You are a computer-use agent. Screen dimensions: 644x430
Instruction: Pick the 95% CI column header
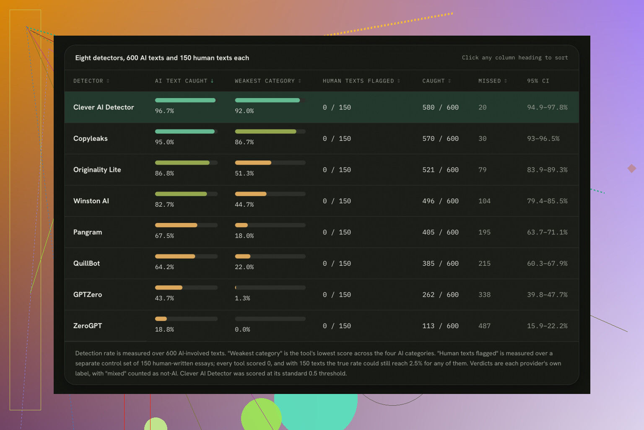pyautogui.click(x=538, y=81)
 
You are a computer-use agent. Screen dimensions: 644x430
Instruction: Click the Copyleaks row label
pyautogui.click(x=90, y=139)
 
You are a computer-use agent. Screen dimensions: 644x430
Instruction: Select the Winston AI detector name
pyautogui.click(x=91, y=201)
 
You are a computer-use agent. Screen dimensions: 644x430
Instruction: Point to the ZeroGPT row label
pyautogui.click(x=87, y=326)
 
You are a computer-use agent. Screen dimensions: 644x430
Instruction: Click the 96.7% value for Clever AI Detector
pyautogui.click(x=164, y=111)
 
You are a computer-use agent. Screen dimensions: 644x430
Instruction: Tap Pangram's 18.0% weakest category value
pyautogui.click(x=244, y=236)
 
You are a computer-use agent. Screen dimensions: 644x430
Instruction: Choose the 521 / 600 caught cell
pyautogui.click(x=440, y=170)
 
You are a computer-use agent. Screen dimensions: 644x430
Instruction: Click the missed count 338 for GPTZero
pyautogui.click(x=484, y=295)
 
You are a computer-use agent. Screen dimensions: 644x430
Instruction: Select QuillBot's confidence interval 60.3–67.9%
pyautogui.click(x=547, y=264)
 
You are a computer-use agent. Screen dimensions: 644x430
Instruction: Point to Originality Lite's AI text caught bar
pyautogui.click(x=182, y=163)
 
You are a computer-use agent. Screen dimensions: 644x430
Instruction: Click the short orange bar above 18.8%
pyautogui.click(x=161, y=319)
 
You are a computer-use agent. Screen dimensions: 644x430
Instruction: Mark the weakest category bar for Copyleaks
pyautogui.click(x=265, y=131)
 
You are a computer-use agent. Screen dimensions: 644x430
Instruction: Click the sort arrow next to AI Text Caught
pyautogui.click(x=212, y=81)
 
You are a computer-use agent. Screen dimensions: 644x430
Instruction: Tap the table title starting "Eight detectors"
pyautogui.click(x=162, y=58)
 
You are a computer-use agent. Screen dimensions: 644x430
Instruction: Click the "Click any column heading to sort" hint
pyautogui.click(x=515, y=58)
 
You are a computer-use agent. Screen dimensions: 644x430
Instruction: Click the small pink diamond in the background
pyautogui.click(x=632, y=168)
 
